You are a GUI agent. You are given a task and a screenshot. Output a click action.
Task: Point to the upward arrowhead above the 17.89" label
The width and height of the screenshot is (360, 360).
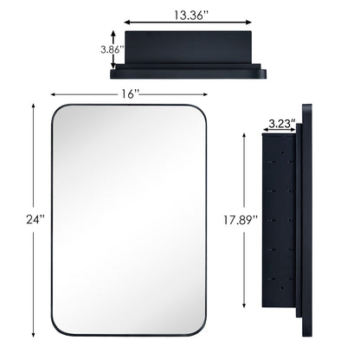pyautogui.click(x=253, y=137)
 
